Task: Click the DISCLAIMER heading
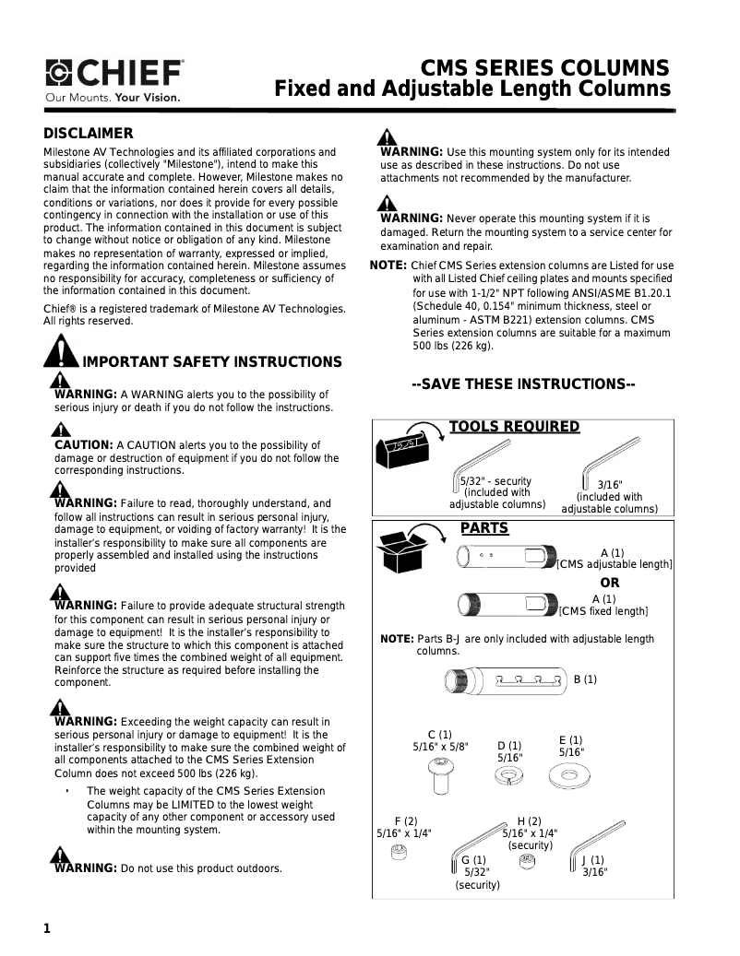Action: coord(89,133)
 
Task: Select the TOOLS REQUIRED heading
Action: coord(514,427)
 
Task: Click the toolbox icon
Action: coord(402,450)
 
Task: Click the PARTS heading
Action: coord(484,528)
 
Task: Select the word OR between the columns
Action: coord(610,583)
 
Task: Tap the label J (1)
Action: coord(593,860)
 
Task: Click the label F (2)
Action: coord(406,820)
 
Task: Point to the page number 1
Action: coord(46,928)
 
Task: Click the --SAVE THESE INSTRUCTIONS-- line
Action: coord(523,384)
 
